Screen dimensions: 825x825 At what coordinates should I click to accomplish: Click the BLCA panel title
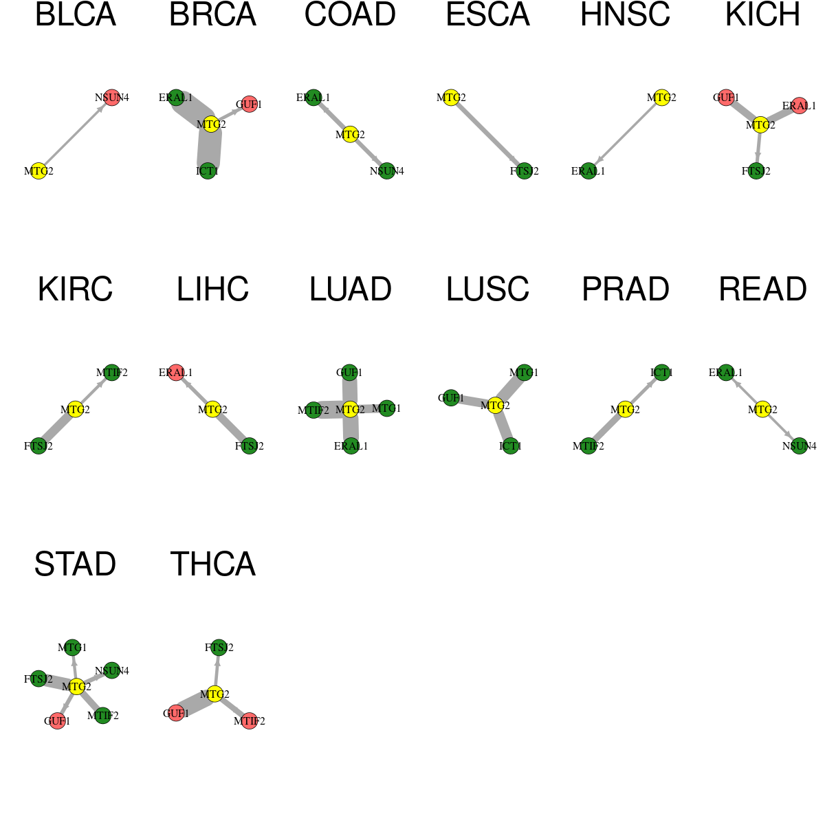pos(76,14)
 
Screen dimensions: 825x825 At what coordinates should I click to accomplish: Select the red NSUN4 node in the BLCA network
pos(112,98)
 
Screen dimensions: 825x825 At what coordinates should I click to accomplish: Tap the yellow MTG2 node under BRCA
pos(211,124)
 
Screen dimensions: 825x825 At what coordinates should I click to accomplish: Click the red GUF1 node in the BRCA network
pos(249,104)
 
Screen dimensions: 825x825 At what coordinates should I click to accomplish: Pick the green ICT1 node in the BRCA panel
pos(208,170)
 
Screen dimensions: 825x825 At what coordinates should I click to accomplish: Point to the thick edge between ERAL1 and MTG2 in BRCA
pos(193,111)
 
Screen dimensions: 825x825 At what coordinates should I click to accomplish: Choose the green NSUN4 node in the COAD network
pos(387,170)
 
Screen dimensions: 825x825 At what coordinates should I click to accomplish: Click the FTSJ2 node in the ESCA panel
pos(525,170)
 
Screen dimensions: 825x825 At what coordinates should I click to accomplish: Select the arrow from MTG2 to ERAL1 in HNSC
pos(625,134)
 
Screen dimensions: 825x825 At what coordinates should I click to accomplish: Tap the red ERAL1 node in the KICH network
pos(800,105)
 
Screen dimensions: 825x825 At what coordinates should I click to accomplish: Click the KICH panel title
pos(762,14)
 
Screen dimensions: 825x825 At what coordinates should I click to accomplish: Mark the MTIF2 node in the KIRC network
pos(112,373)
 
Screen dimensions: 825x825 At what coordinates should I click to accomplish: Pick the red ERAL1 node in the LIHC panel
pos(176,373)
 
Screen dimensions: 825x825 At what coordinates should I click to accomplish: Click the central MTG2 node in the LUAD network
pos(350,410)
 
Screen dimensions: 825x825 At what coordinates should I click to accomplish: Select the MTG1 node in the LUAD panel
pos(387,408)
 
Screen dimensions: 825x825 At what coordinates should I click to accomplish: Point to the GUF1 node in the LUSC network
pos(451,398)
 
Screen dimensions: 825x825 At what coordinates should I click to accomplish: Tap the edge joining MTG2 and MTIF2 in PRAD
pos(606,428)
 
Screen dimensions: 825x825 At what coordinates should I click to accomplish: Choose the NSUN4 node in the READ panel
pos(800,446)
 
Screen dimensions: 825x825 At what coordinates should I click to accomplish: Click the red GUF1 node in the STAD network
pos(57,721)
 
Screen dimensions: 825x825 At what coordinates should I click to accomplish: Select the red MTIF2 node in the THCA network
pos(249,721)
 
